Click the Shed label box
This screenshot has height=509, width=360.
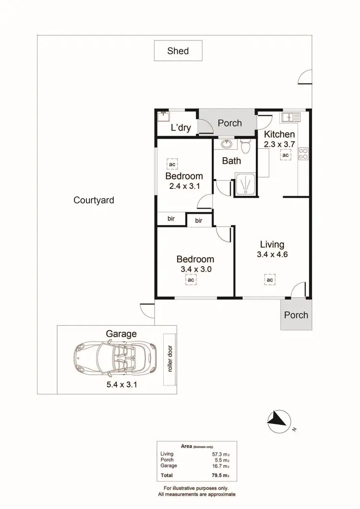[178, 51]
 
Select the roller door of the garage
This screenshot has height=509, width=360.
[168, 359]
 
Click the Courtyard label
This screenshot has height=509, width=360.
[94, 200]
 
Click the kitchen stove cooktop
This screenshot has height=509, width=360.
[303, 154]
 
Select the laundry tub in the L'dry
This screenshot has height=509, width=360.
[164, 116]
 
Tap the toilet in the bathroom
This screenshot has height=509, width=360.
[246, 145]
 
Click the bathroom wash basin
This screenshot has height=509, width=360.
[227, 144]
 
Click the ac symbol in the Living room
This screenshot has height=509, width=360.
[270, 280]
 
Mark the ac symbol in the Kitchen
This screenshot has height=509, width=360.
[286, 155]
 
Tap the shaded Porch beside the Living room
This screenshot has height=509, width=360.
[296, 315]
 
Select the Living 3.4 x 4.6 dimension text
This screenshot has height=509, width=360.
[272, 255]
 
